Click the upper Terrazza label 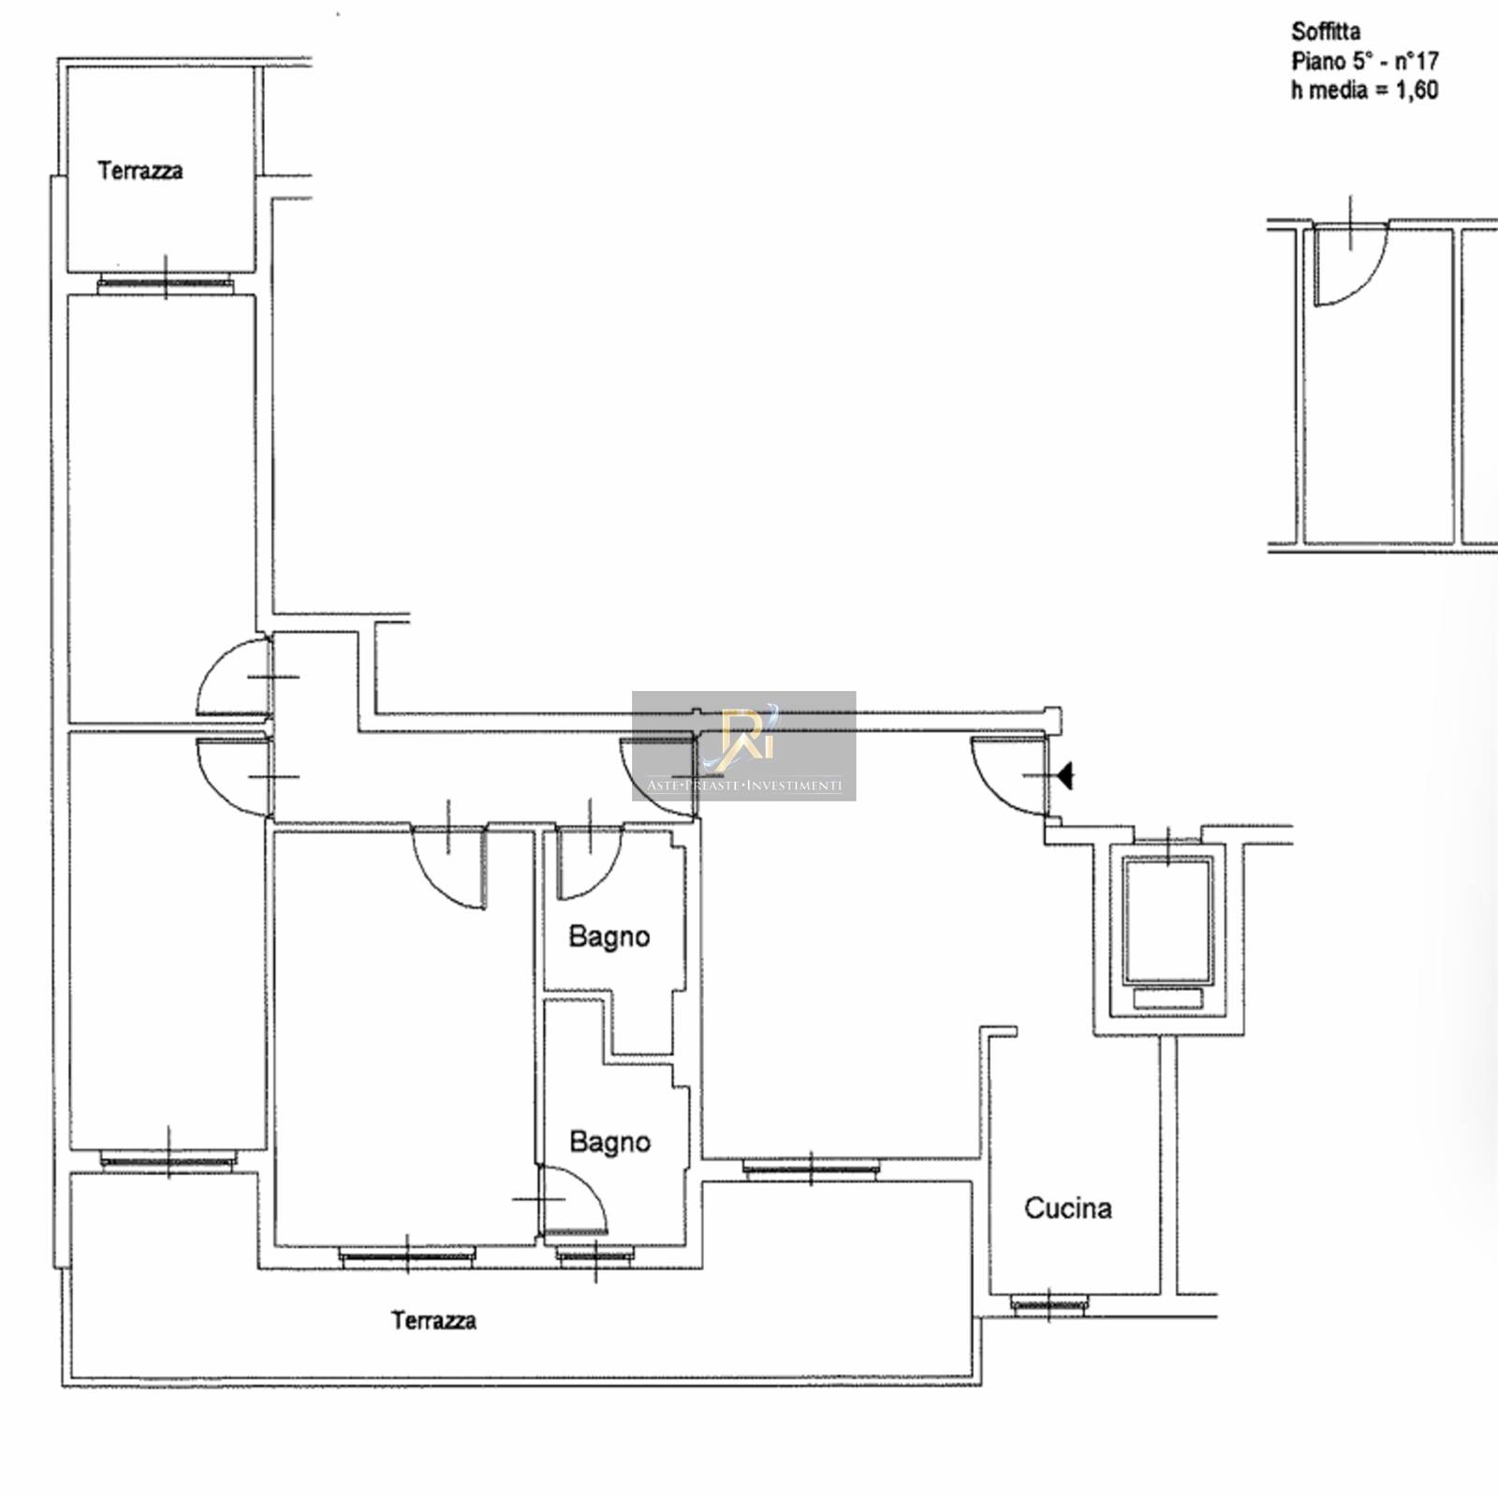point(140,170)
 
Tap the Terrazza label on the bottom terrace point(433,1320)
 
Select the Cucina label point(1068,1208)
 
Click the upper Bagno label point(609,936)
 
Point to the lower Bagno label point(610,1142)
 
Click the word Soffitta point(1326,32)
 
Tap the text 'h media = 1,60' point(1364,90)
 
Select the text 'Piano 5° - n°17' point(1365,61)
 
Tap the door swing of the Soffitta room point(1348,267)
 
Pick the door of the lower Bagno point(573,1200)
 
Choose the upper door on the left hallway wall point(234,676)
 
